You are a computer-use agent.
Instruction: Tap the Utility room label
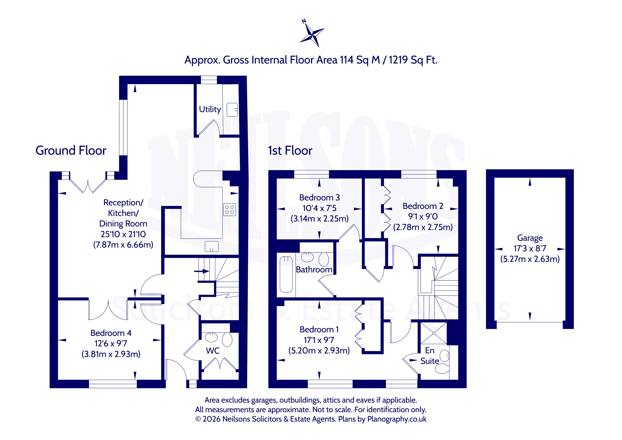pos(210,109)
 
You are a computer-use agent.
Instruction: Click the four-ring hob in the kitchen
pos(230,209)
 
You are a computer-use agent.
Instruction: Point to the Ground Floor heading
pos(71,150)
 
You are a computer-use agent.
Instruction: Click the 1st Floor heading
pos(290,150)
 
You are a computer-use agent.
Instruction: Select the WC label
pos(213,351)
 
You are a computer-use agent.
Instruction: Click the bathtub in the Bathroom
pos(286,274)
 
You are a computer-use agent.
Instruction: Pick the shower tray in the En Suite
pos(433,333)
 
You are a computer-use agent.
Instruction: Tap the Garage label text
pos(530,238)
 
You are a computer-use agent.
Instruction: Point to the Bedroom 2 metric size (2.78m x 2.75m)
pos(423,227)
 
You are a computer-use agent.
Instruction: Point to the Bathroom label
pos(314,270)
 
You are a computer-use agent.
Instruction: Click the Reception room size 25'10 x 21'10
pos(123,234)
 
